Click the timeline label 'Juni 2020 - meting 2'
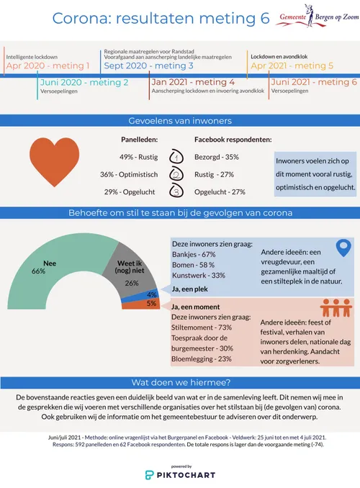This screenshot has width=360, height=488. [x=84, y=83]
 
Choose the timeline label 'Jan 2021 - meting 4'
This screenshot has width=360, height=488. [x=193, y=83]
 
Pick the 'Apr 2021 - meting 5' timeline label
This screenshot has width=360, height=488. [x=292, y=66]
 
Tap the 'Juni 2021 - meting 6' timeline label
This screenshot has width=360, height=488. [x=314, y=83]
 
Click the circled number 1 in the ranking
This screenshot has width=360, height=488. [x=175, y=157]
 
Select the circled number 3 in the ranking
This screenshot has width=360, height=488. [x=175, y=192]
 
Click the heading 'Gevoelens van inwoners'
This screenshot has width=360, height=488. [x=180, y=120]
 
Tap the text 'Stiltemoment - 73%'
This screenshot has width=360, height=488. [x=202, y=327]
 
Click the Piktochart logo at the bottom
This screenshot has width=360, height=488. [x=179, y=475]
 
